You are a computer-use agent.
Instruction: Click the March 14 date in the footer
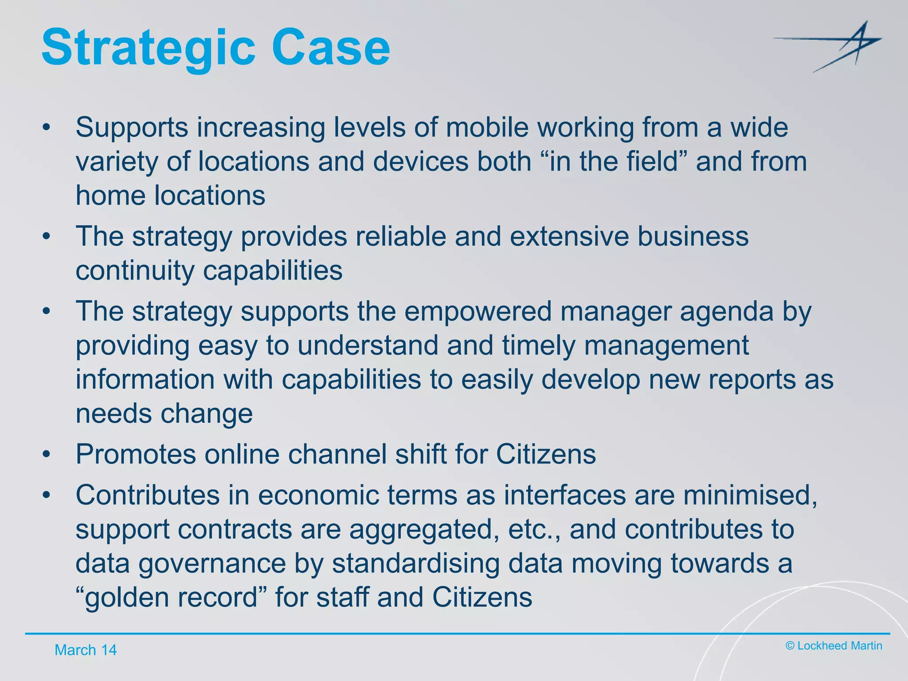click(86, 650)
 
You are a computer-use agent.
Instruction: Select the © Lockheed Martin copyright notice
click(834, 646)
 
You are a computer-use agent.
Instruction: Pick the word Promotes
click(136, 454)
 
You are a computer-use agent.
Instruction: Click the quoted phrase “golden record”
click(171, 598)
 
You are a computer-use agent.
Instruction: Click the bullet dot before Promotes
click(47, 454)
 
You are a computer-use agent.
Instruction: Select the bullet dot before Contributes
click(47, 495)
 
